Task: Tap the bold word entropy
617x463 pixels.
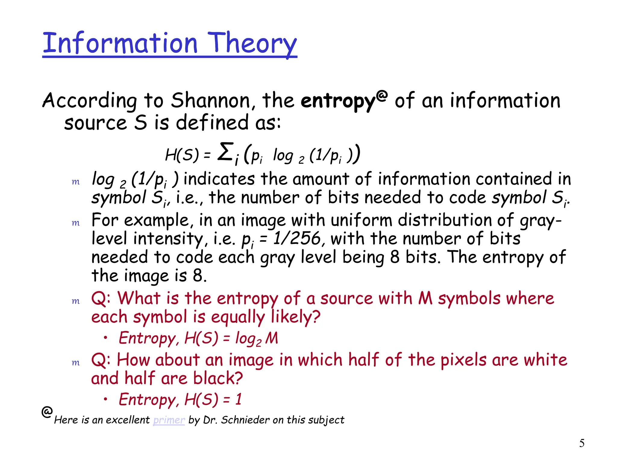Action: pyautogui.click(x=338, y=101)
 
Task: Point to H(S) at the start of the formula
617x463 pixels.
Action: pyautogui.click(x=182, y=155)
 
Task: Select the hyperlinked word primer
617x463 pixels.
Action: pyautogui.click(x=169, y=420)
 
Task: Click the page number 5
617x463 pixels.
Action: pyautogui.click(x=582, y=443)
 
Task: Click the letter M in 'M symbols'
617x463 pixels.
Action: pyautogui.click(x=425, y=298)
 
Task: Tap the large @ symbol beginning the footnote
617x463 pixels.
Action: pyautogui.click(x=47, y=412)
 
